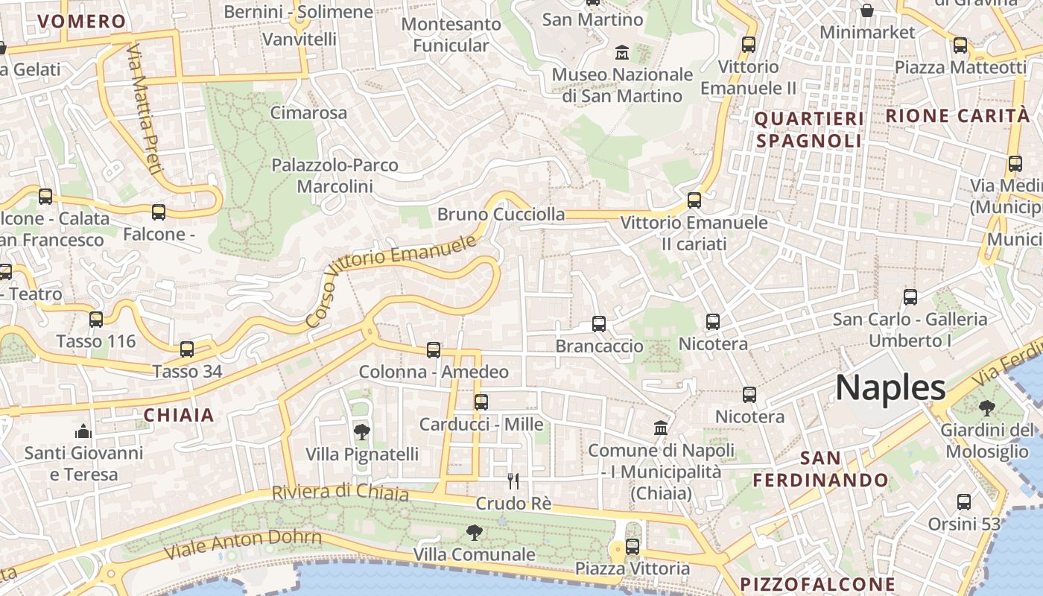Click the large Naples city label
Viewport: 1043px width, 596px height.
tap(890, 388)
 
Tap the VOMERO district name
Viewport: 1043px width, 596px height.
tap(81, 22)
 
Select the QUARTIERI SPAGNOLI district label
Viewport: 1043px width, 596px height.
tap(809, 130)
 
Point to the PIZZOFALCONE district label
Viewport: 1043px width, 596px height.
tap(817, 583)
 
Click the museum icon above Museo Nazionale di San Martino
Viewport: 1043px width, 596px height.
tap(622, 52)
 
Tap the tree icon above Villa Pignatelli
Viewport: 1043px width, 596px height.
tap(361, 431)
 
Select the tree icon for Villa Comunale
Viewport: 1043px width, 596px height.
tap(474, 532)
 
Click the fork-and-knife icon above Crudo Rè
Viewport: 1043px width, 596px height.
tap(513, 481)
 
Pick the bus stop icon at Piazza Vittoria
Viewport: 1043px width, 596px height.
tap(633, 547)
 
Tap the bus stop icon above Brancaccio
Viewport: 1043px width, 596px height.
tap(599, 323)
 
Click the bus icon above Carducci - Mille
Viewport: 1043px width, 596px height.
tap(481, 402)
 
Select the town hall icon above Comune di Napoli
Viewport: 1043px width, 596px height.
tap(661, 428)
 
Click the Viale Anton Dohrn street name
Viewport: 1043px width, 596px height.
tap(243, 544)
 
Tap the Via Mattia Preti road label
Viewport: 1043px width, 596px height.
tap(144, 109)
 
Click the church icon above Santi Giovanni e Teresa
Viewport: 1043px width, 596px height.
tap(82, 431)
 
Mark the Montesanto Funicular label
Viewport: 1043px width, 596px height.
tap(451, 35)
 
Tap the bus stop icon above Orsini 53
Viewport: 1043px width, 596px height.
tap(964, 501)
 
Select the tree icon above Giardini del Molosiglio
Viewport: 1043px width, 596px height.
tap(987, 408)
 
